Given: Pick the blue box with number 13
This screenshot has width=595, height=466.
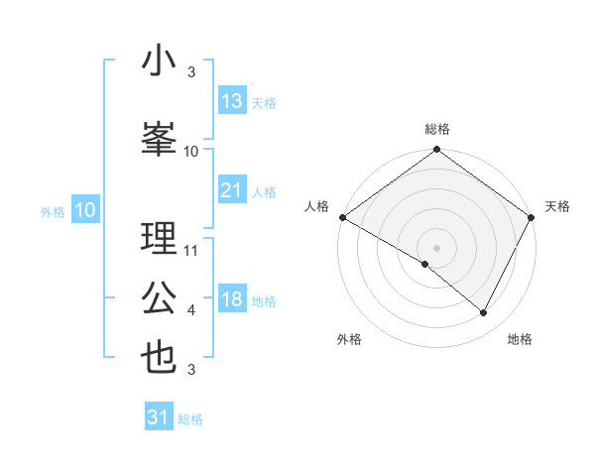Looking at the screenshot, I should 232,101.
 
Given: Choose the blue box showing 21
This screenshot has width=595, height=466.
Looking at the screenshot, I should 232,190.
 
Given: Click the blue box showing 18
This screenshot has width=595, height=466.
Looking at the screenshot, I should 232,299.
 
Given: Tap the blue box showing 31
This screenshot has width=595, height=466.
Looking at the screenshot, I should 159,417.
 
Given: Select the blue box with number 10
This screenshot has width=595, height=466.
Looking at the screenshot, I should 84,210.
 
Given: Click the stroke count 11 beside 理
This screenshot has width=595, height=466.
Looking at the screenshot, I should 191,251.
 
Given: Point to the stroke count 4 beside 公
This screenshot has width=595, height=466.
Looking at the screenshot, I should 191,310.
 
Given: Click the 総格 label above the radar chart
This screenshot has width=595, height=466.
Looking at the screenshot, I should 436,129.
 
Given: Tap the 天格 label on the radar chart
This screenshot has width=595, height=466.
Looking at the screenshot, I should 557,206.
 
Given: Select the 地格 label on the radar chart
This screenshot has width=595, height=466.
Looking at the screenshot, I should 520,339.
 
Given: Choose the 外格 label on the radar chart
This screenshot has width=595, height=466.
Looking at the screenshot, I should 349,339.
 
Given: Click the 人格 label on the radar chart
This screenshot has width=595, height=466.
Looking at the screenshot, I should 316,206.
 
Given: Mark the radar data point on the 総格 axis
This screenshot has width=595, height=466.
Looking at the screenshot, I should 436,151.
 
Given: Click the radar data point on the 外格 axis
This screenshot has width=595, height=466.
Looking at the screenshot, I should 425,264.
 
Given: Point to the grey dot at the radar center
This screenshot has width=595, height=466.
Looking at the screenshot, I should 436,247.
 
